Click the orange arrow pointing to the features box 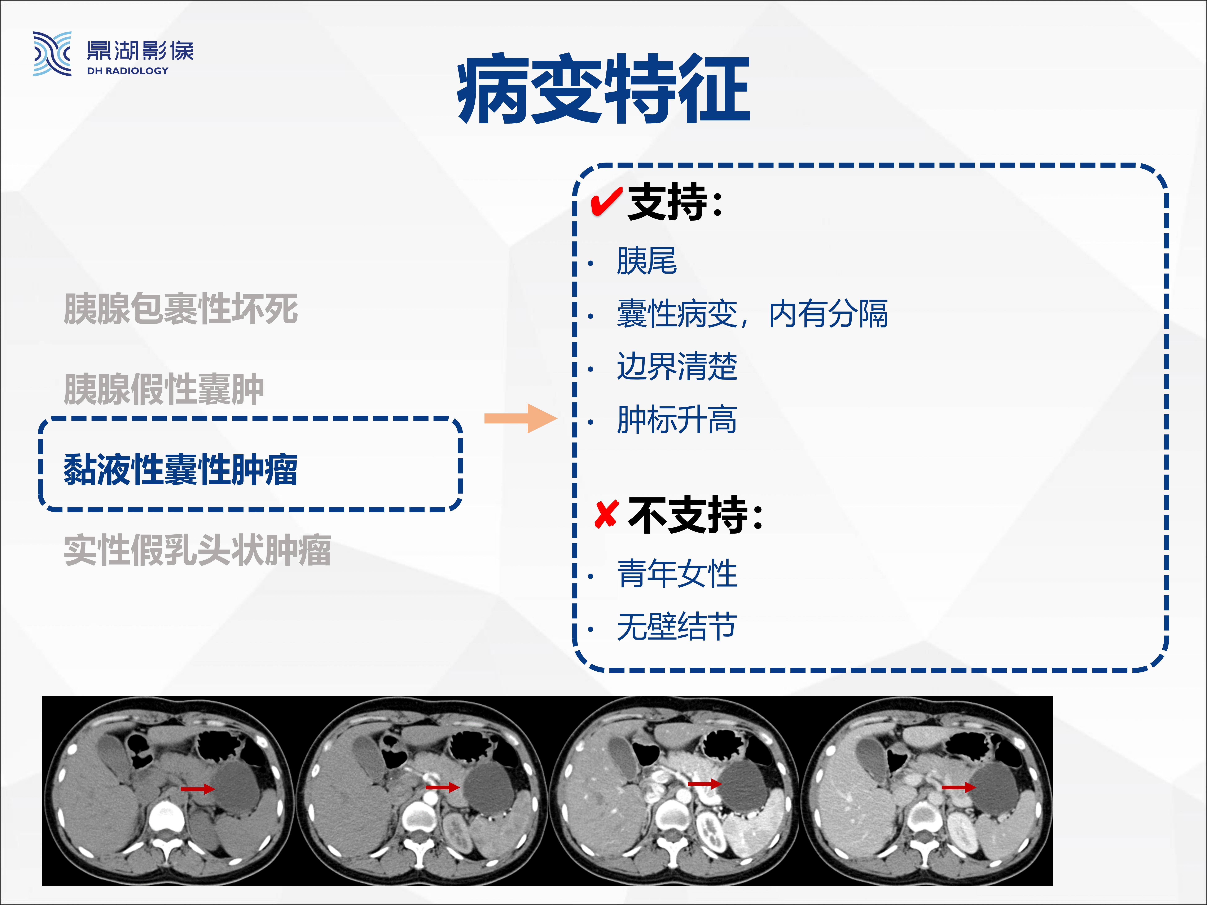pyautogui.click(x=521, y=418)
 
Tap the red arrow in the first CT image pyautogui.click(x=198, y=789)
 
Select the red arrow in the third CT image pyautogui.click(x=705, y=784)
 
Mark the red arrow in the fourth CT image pyautogui.click(x=959, y=787)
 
